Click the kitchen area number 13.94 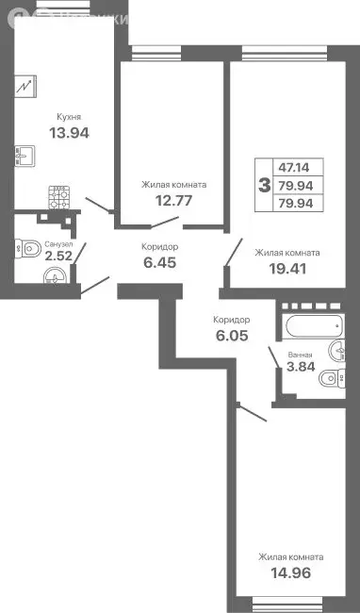[69, 133]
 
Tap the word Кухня [69, 117]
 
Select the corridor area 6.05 [231, 334]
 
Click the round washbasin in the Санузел [56, 275]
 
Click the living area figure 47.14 [304, 166]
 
